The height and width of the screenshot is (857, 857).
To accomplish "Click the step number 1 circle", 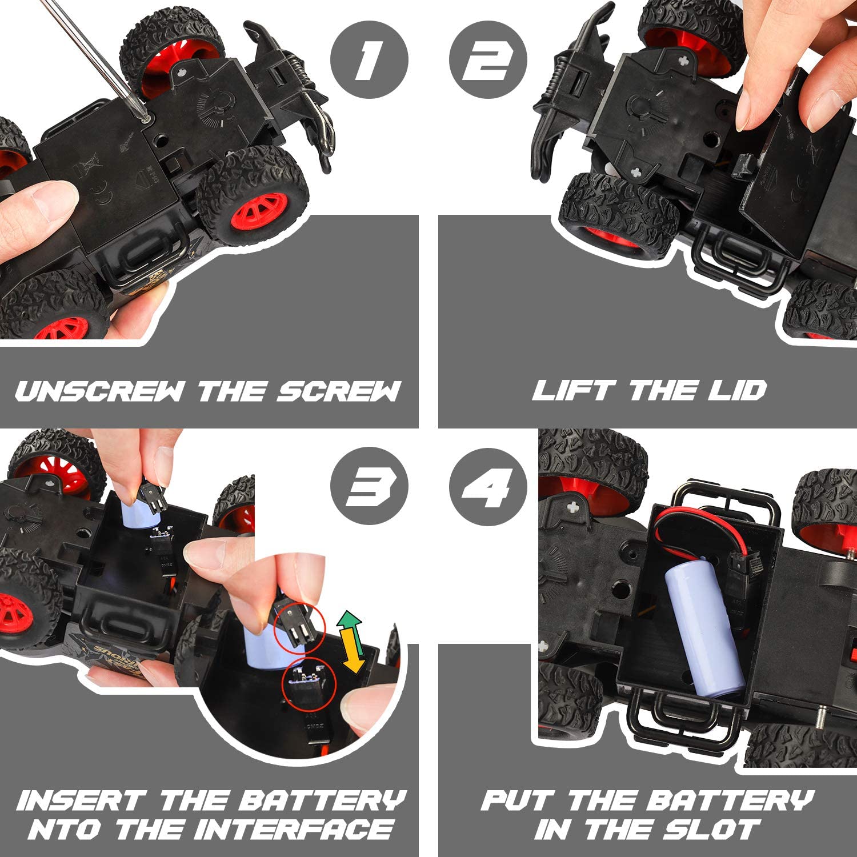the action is tap(369, 60).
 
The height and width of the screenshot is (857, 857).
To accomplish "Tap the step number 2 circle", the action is tap(487, 60).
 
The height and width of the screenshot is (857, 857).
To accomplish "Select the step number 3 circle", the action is tap(369, 487).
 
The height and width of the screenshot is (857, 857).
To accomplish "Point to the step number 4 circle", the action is tap(487, 487).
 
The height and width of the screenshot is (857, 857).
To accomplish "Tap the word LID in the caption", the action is tap(737, 391).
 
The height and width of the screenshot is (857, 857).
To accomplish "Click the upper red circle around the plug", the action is tap(299, 627).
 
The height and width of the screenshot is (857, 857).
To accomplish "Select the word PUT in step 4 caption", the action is tap(518, 800).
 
